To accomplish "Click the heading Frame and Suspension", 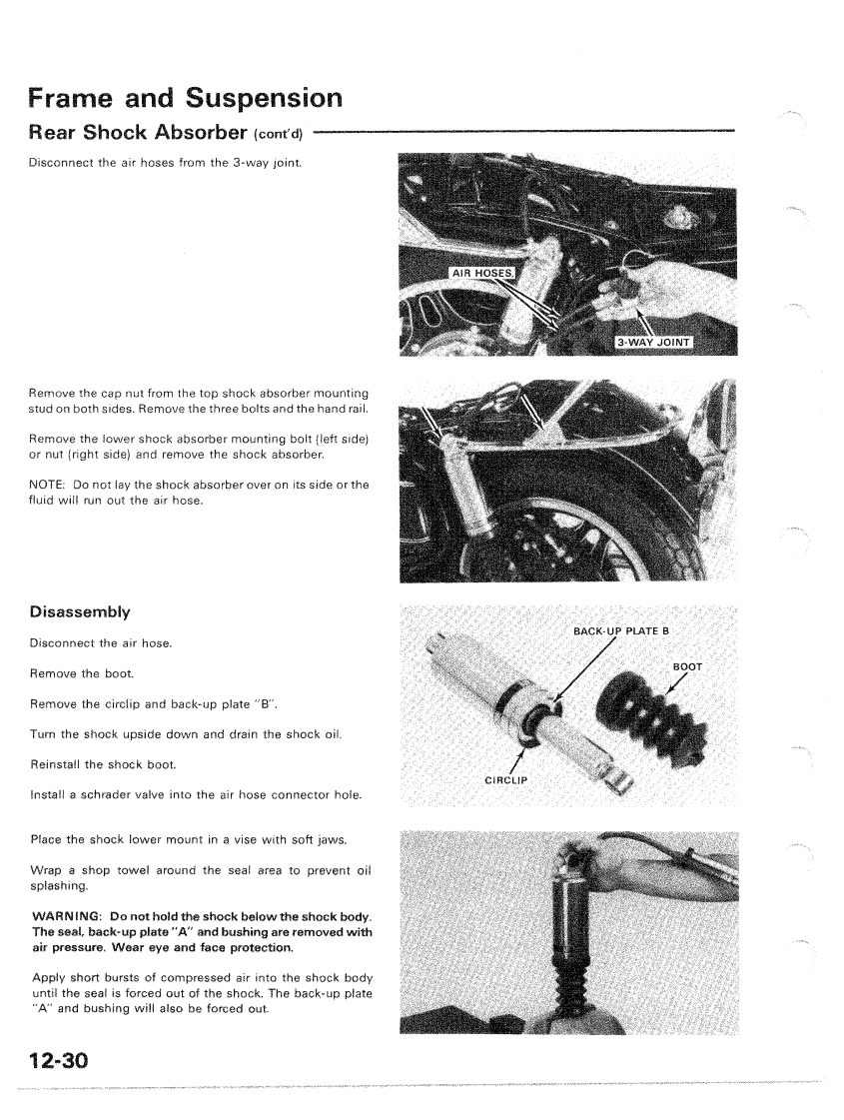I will [x=186, y=99].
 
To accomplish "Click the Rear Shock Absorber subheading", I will [x=140, y=132].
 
